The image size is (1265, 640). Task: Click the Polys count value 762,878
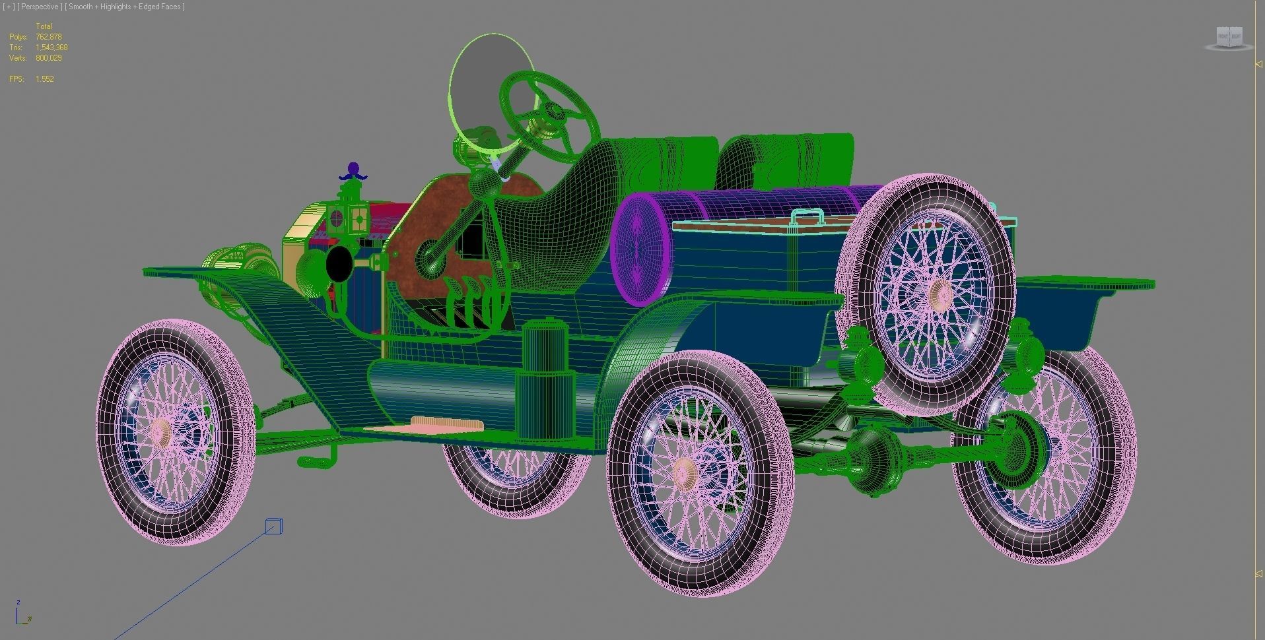48,37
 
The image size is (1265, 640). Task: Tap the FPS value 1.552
45,79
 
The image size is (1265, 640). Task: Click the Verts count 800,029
48,58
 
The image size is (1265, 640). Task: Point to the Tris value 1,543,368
51,48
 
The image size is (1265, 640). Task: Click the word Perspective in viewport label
41,7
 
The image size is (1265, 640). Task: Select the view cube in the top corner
1229,38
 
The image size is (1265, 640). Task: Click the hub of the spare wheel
938,294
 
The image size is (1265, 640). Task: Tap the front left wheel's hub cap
160,433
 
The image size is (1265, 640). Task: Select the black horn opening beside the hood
338,263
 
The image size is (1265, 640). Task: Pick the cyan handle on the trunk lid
807,216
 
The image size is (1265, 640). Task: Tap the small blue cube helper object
273,527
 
